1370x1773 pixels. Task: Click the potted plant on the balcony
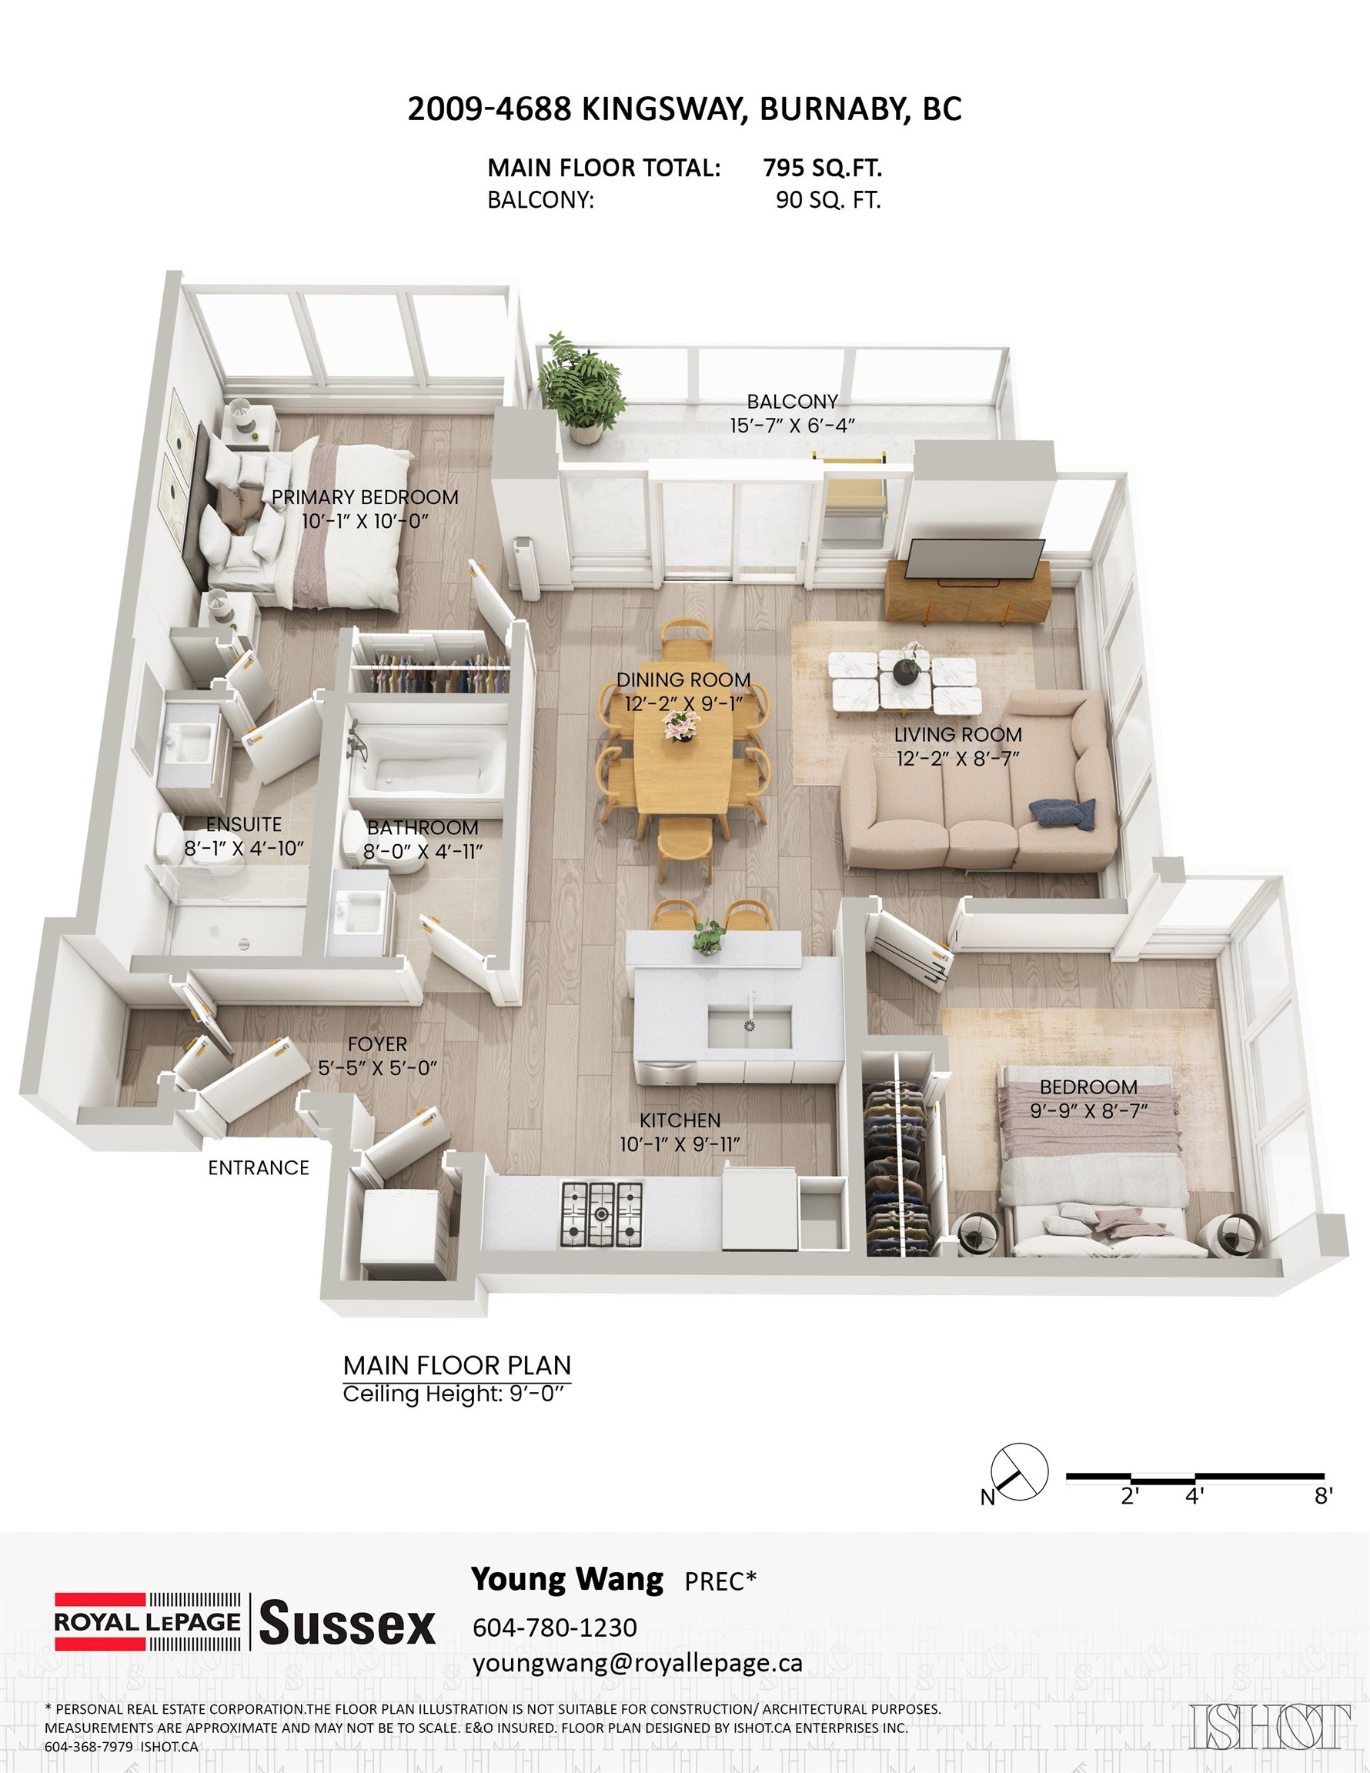(584, 387)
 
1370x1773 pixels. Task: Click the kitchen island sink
(749, 1026)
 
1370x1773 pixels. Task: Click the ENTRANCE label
(259, 1167)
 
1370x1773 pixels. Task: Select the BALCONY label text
(793, 401)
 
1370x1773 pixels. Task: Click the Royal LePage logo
(148, 1621)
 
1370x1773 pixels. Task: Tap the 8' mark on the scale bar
(1324, 1495)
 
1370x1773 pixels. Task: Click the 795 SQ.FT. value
(822, 168)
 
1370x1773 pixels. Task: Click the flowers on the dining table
(677, 726)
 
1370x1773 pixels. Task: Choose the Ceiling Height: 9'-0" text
(453, 1394)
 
